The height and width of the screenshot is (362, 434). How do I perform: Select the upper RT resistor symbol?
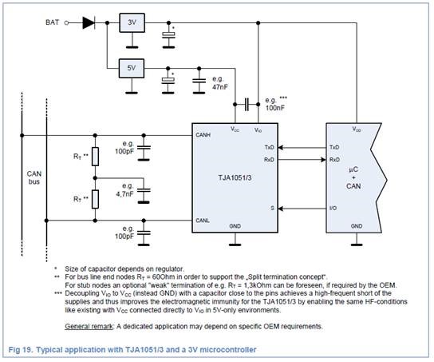[96, 157]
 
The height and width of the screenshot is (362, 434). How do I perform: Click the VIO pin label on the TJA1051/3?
[257, 129]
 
